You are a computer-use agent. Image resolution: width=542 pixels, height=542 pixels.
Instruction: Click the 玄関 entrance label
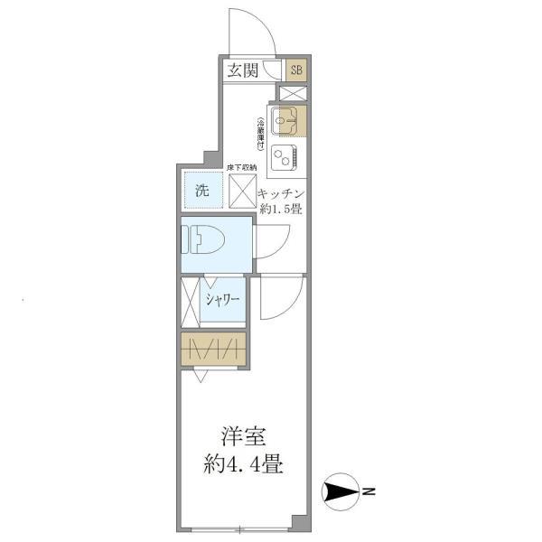(x=242, y=71)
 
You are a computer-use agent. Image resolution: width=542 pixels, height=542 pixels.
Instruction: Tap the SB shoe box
(x=296, y=70)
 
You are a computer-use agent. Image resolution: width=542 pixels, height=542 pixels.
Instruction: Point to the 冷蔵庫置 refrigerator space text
(x=260, y=134)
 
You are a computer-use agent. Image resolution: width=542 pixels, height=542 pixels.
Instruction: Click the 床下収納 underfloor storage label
(x=242, y=168)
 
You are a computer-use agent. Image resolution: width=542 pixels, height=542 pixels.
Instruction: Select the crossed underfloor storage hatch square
(x=242, y=191)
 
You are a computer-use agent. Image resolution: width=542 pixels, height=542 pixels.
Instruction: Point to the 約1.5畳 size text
(x=282, y=210)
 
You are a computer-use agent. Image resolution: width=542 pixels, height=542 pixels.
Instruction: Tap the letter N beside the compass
(x=370, y=492)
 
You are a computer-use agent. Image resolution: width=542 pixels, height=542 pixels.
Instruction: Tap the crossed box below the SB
(x=294, y=93)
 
